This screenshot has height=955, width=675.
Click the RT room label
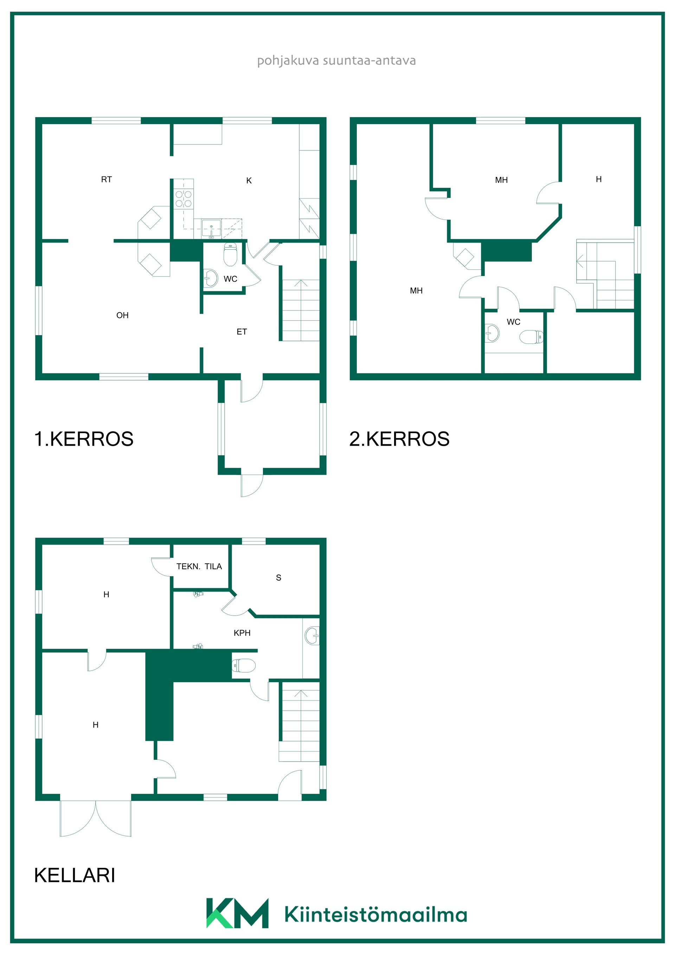pyautogui.click(x=107, y=179)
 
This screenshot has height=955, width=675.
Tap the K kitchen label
pyautogui.click(x=249, y=180)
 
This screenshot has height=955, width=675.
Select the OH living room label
pyautogui.click(x=122, y=315)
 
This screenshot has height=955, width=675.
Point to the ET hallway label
pyautogui.click(x=242, y=332)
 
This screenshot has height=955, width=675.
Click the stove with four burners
pyautogui.click(x=184, y=199)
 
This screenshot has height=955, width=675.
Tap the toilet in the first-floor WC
pyautogui.click(x=230, y=254)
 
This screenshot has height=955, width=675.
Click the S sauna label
pyautogui.click(x=279, y=577)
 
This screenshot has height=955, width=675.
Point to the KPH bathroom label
pyautogui.click(x=242, y=633)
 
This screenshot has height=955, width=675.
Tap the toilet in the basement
pyautogui.click(x=243, y=666)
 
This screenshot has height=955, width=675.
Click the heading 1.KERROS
pyautogui.click(x=84, y=439)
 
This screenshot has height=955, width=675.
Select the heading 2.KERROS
pyautogui.click(x=399, y=439)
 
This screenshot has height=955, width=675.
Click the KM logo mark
pyautogui.click(x=237, y=913)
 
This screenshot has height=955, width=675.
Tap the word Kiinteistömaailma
pyautogui.click(x=375, y=914)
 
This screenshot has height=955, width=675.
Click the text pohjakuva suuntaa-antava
pyautogui.click(x=336, y=61)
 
